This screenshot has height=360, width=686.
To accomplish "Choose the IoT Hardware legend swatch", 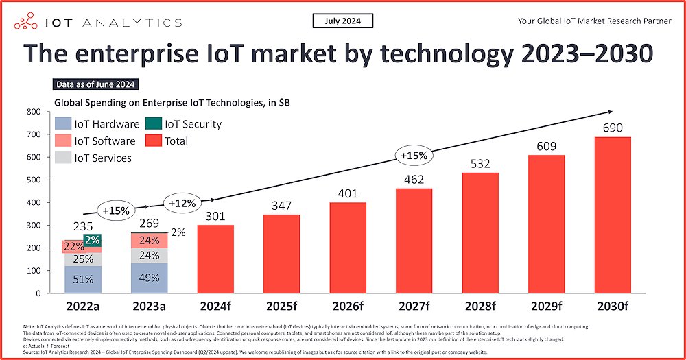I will point(63,124).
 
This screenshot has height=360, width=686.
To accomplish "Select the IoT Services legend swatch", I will point(63,158).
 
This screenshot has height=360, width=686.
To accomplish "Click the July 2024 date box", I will point(343,21).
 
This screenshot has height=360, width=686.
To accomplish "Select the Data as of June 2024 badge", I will point(96,85).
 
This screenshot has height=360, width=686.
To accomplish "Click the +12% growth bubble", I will point(182,204).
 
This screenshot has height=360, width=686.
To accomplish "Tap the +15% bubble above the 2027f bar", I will point(414,156).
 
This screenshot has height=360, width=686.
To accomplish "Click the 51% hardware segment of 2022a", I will point(83,279).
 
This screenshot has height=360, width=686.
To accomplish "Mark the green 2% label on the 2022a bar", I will point(93,240).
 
